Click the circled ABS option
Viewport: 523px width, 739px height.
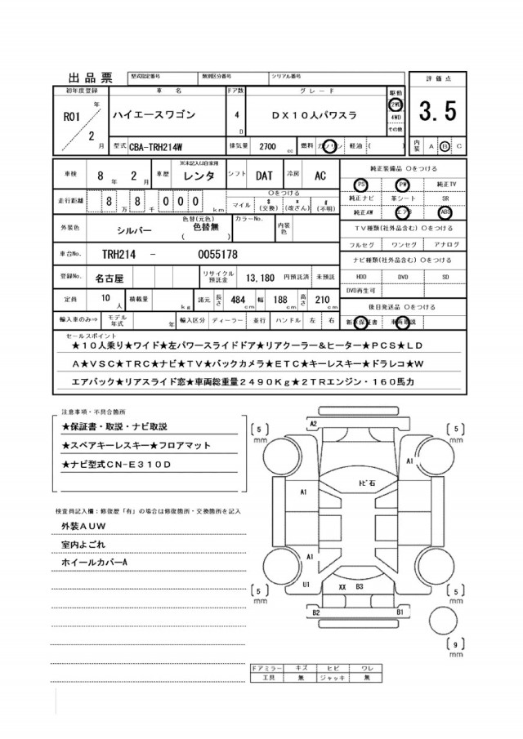pyautogui.click(x=445, y=211)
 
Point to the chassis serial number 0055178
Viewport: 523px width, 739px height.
pyautogui.click(x=218, y=254)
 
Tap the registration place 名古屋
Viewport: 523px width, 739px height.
pyautogui.click(x=110, y=278)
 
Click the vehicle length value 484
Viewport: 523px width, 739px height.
pyautogui.click(x=238, y=300)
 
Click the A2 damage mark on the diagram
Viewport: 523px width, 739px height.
pyautogui.click(x=313, y=423)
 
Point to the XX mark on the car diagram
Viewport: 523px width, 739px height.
pyautogui.click(x=342, y=587)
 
